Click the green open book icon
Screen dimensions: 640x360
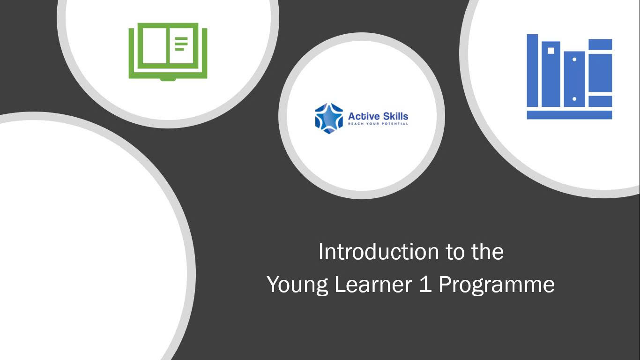(x=168, y=52)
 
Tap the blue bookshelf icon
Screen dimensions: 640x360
(x=569, y=76)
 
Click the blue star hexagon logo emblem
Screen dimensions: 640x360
(x=329, y=119)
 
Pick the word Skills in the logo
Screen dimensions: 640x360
(x=396, y=116)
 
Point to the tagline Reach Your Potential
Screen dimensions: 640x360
(x=378, y=124)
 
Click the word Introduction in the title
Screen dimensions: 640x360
(x=379, y=252)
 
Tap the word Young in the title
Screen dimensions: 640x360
(x=298, y=285)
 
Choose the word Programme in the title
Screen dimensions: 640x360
(x=497, y=285)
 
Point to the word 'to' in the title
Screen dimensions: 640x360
(x=455, y=253)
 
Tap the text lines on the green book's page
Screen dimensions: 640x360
(x=181, y=44)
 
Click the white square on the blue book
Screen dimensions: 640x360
(x=551, y=51)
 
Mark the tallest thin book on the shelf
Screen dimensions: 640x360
(x=532, y=70)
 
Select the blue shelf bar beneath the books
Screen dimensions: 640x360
(x=569, y=115)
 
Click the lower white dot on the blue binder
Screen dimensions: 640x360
(x=574, y=99)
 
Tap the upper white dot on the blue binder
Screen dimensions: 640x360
(x=574, y=60)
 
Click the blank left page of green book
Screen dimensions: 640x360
(x=154, y=46)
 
